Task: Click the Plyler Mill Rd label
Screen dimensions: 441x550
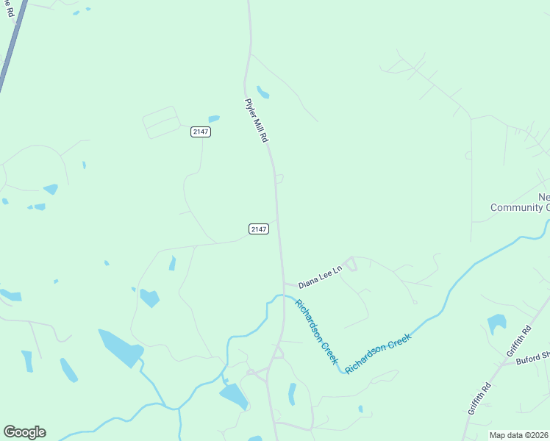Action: (257, 121)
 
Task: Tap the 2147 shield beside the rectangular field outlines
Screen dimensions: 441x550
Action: (200, 132)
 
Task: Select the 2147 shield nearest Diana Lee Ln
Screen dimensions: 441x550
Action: (258, 229)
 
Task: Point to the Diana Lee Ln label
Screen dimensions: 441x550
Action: (321, 276)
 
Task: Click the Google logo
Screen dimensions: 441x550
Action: (24, 432)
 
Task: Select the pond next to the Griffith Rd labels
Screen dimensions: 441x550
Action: (497, 323)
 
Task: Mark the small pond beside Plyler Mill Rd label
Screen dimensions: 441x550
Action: (262, 93)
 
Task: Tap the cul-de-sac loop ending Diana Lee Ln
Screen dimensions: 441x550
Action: (350, 263)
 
